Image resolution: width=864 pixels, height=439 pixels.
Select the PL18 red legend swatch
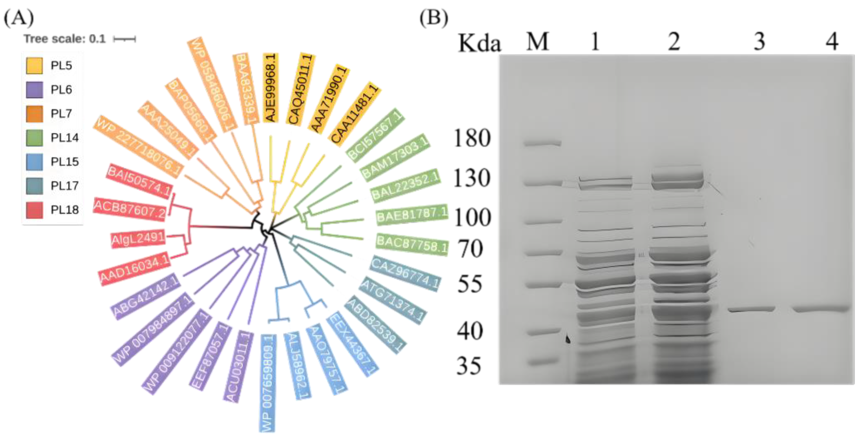click(x=34, y=210)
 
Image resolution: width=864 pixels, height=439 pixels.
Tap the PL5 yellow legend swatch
click(x=34, y=65)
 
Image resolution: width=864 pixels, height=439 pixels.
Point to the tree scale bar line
click(x=124, y=39)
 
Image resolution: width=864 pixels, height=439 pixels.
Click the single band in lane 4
click(x=821, y=309)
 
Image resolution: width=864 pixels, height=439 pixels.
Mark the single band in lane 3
click(x=751, y=309)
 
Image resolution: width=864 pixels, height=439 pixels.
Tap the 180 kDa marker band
click(x=543, y=143)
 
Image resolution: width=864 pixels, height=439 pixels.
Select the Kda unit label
click(x=479, y=44)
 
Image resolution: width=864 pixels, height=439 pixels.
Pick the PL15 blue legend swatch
click(x=34, y=162)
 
